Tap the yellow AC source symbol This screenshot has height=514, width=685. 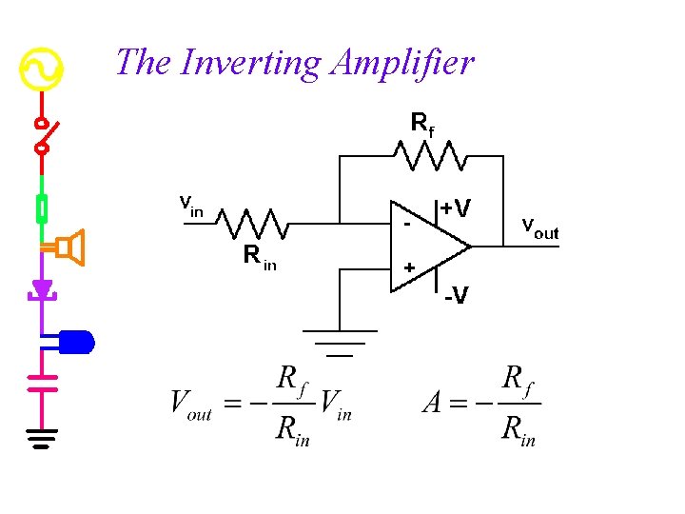41,69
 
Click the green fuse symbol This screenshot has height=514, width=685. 42,208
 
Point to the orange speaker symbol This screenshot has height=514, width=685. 69,248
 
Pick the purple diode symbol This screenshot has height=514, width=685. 42,289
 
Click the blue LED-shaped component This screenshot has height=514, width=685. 76,340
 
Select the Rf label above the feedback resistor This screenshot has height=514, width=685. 421,124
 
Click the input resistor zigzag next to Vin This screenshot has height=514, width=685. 251,224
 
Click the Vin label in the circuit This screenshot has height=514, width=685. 191,205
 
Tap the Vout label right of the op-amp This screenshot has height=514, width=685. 540,228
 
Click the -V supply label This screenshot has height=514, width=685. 455,297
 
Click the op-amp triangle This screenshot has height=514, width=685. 428,247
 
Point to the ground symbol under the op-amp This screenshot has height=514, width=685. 340,342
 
